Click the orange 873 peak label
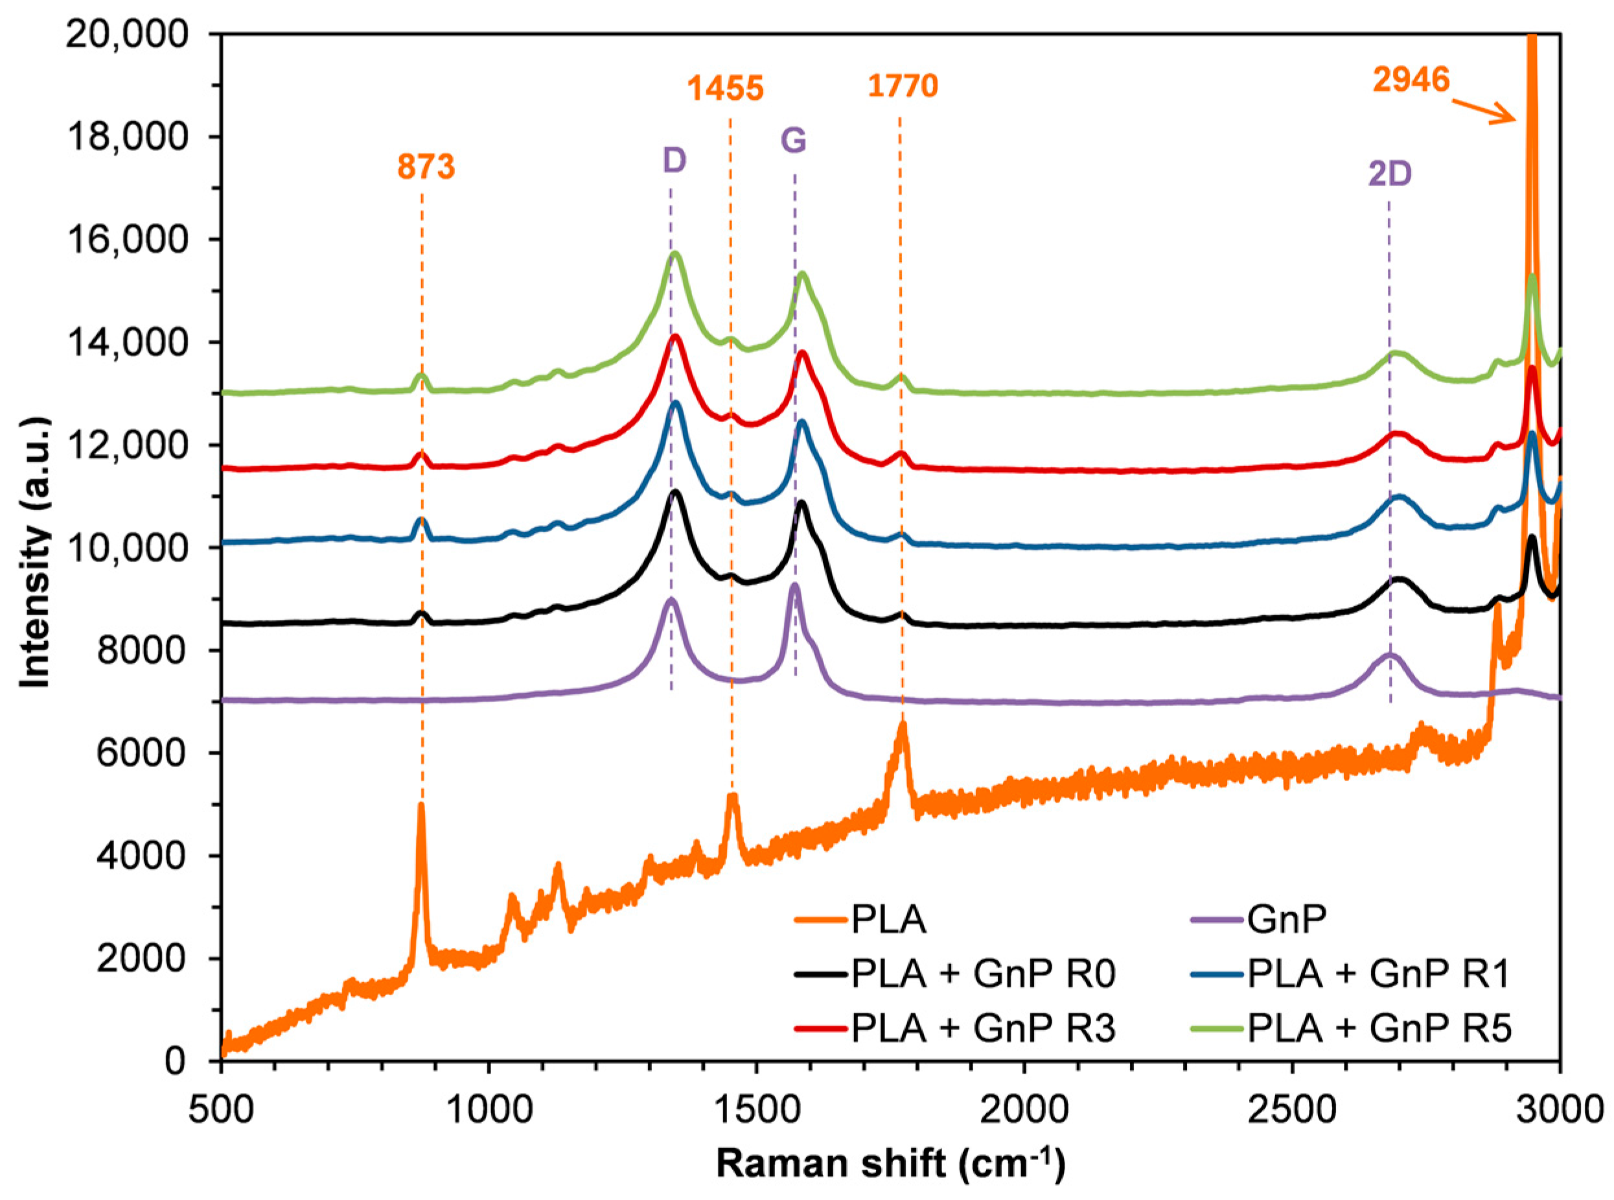pyautogui.click(x=426, y=167)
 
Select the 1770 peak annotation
pyautogui.click(x=903, y=86)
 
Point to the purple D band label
pyautogui.click(x=674, y=161)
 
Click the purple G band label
pyautogui.click(x=794, y=140)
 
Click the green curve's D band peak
pyautogui.click(x=675, y=253)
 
